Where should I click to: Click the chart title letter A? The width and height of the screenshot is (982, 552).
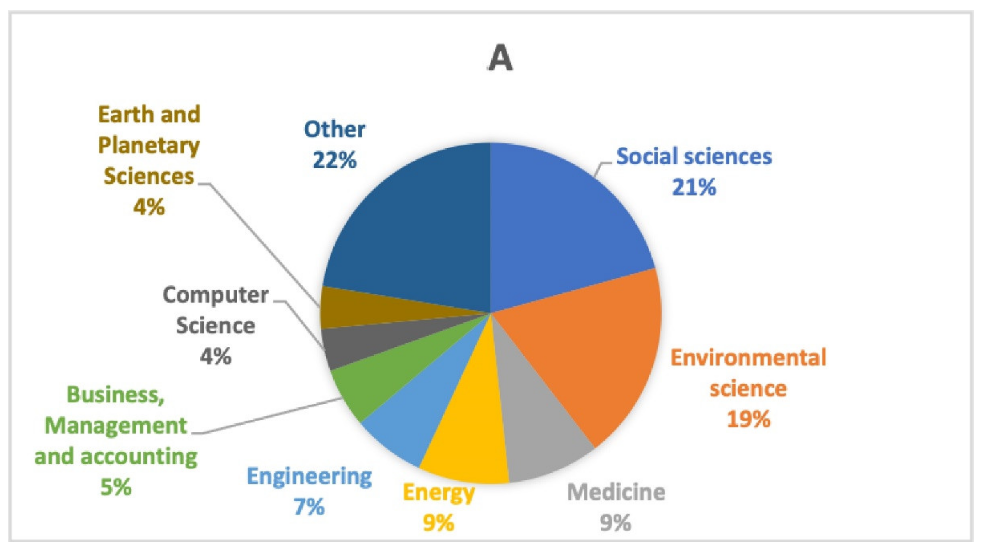500,58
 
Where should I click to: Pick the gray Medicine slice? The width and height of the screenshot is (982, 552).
541,439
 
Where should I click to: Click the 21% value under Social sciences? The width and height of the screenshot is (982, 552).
694,187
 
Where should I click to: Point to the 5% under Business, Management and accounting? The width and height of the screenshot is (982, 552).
116,487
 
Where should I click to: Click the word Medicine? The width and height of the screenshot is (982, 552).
616,492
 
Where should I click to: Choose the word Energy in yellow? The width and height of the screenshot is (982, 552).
439,492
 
